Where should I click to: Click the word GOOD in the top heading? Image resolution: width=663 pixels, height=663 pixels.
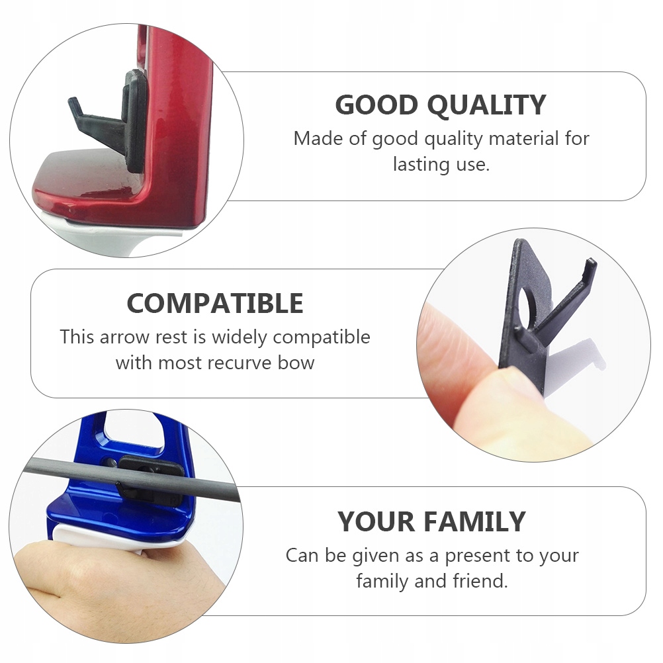coord(376,105)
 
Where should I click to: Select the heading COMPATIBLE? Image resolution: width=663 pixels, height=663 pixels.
coord(215,303)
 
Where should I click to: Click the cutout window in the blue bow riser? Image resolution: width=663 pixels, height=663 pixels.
coord(133,431)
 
